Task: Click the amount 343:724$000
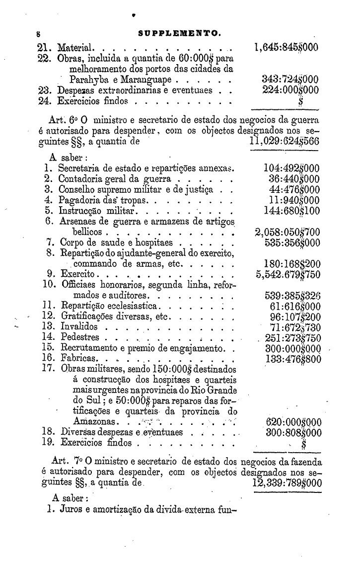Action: point(290,80)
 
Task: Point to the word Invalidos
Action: point(78,327)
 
